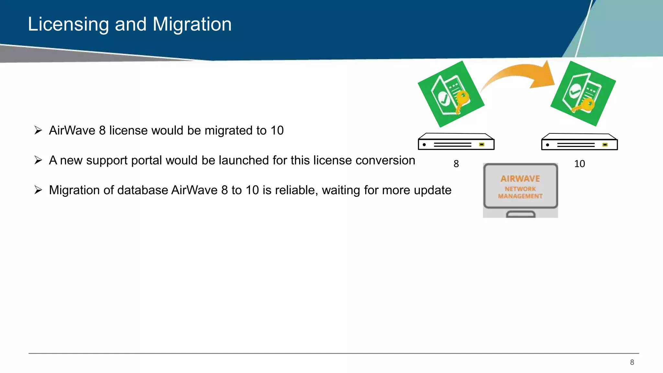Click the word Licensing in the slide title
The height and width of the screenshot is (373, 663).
pos(68,25)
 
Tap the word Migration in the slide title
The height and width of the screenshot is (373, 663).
pos(192,25)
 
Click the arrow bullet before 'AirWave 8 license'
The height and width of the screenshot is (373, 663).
pos(38,130)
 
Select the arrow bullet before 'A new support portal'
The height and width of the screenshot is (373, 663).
pos(38,160)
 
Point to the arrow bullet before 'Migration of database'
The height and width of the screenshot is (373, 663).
pos(38,190)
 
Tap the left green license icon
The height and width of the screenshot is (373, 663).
pos(451,94)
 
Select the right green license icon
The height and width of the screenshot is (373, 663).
pos(583,94)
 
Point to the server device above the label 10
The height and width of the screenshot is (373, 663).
pos(579,142)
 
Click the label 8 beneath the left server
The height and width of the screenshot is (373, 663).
pos(456,164)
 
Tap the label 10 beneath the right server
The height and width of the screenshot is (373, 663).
pos(579,164)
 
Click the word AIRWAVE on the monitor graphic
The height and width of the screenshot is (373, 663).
pos(520,179)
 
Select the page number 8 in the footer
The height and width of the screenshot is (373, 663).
pos(632,362)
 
